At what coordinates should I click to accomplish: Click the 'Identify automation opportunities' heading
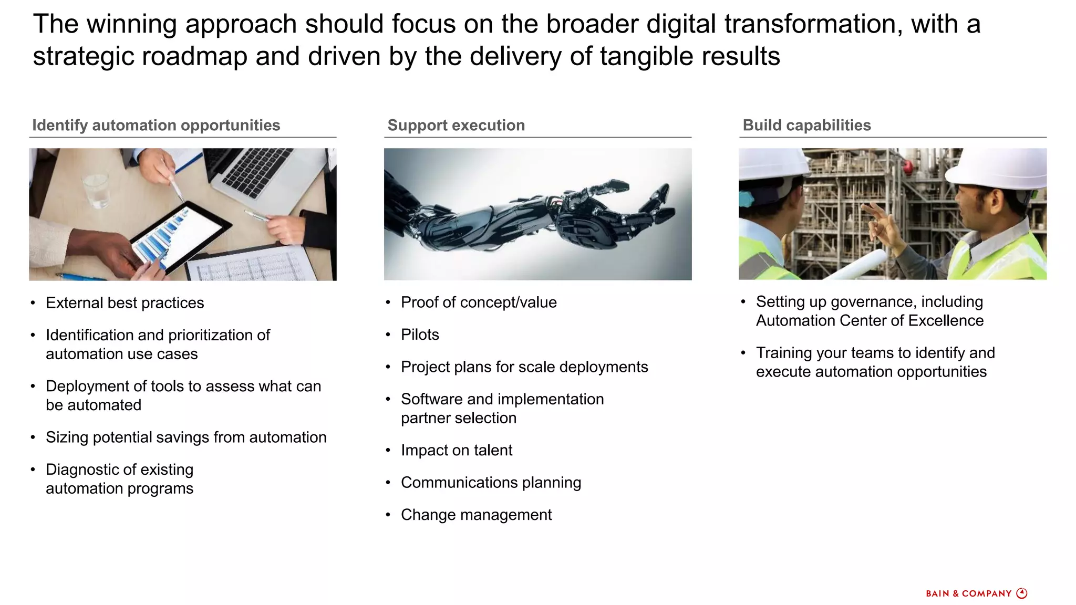coord(156,126)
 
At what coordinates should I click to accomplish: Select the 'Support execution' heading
coord(456,126)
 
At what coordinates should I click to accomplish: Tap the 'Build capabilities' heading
coord(806,126)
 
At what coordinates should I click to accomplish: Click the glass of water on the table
coord(97,189)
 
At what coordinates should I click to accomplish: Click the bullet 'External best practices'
coord(125,303)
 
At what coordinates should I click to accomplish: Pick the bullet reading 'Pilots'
coord(419,335)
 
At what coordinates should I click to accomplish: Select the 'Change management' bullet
coord(476,515)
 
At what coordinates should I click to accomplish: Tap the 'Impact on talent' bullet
coord(456,450)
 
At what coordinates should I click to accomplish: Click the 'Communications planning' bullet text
coord(491,483)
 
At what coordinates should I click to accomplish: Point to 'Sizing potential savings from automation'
coord(186,437)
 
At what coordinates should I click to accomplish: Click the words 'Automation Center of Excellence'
coord(870,321)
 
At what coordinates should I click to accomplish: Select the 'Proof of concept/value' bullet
coord(478,302)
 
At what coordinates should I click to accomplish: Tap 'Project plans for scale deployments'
coord(524,367)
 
